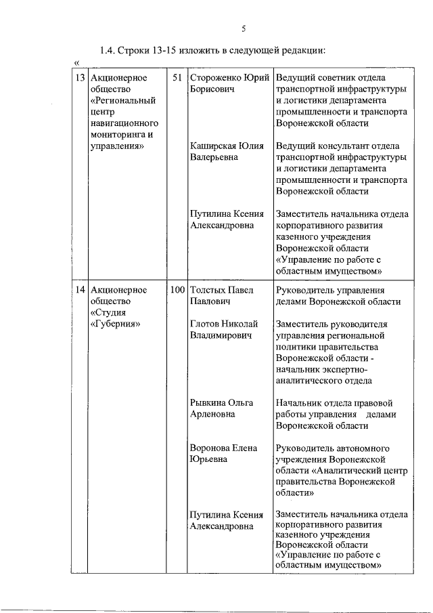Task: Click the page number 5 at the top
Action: tap(242, 28)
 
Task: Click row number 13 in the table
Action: tap(79, 77)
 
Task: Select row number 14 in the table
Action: tap(79, 290)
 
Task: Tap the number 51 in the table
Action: tap(177, 77)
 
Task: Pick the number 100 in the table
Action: tap(177, 290)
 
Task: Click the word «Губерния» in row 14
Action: tap(115, 324)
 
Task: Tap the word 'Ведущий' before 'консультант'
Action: tap(295, 146)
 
